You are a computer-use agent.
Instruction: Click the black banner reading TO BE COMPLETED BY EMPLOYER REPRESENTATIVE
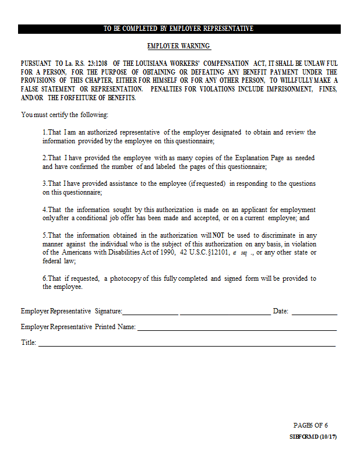tap(179, 29)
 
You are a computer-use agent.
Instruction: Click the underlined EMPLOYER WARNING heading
tap(179, 46)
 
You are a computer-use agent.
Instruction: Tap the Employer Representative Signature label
tap(71, 311)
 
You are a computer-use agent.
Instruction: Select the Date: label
tap(281, 311)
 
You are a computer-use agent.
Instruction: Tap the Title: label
tap(29, 343)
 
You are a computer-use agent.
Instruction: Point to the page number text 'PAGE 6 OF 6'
tap(310, 425)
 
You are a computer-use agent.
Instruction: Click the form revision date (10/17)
tap(329, 437)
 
